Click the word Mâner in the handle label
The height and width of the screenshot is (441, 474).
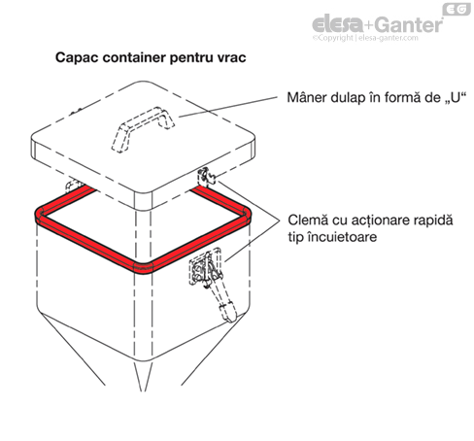(x=307, y=97)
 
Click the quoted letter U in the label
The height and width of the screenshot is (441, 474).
(x=455, y=98)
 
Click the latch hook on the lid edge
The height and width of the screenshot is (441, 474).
(x=206, y=177)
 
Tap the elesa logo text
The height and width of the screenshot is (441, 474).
(x=337, y=24)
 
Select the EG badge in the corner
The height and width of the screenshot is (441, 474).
(x=457, y=10)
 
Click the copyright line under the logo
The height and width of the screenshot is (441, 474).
(x=365, y=38)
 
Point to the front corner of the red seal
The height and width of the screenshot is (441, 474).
(x=143, y=268)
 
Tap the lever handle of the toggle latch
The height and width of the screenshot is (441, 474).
(x=223, y=303)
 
